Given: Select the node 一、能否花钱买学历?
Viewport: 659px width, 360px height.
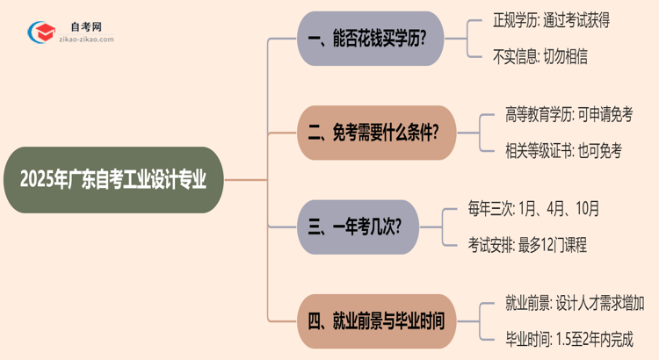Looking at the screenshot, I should tap(368, 39).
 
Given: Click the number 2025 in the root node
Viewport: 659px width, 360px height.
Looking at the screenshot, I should tap(38, 180).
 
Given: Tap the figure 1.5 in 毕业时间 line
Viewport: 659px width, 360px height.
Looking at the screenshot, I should tap(557, 339).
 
